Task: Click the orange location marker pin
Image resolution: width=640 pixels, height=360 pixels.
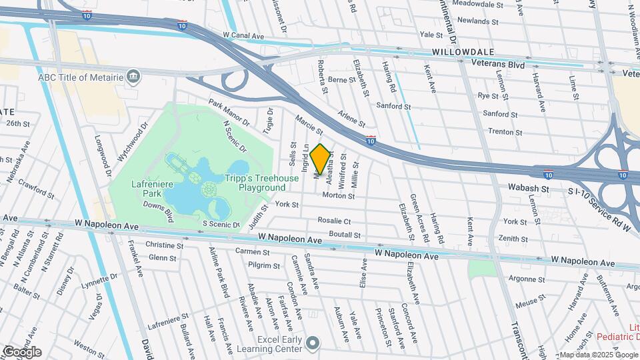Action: tap(320, 159)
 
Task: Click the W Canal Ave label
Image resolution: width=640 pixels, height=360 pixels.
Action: tap(245, 34)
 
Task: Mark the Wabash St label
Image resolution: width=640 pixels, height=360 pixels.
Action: tap(526, 189)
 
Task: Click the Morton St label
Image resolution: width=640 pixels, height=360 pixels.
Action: tap(338, 195)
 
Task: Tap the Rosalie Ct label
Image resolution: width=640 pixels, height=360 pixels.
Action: tap(334, 221)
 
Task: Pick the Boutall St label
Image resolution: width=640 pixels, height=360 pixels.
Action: tap(345, 235)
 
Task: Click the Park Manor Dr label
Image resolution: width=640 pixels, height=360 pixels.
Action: tap(228, 113)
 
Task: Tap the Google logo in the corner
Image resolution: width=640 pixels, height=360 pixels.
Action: tap(22, 351)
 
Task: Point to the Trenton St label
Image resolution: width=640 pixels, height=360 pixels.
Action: tap(505, 132)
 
